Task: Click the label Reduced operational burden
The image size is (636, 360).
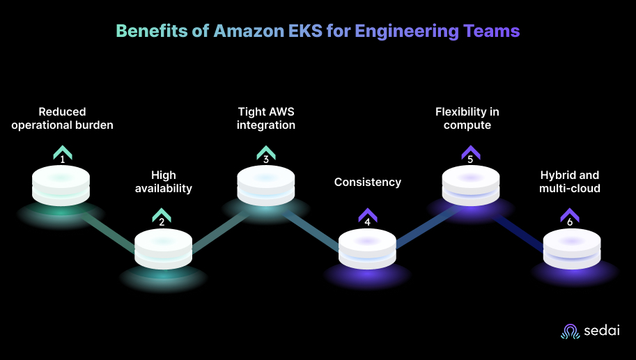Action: point(62,118)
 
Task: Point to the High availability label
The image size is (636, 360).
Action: point(163,182)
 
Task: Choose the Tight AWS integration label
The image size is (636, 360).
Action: point(265,118)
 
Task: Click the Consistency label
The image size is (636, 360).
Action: point(368,182)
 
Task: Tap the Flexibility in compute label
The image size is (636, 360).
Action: point(467,118)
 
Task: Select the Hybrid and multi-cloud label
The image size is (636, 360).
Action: point(570,182)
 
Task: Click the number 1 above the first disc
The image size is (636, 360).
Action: point(62,159)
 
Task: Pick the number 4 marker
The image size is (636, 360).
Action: point(368,223)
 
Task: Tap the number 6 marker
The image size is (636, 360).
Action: point(570,223)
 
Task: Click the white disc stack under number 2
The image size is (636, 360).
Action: point(163,248)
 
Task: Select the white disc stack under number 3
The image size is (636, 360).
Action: point(265,185)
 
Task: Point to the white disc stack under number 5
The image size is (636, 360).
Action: point(470,185)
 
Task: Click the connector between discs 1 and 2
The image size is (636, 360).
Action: point(111,230)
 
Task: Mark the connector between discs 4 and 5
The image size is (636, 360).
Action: point(418,226)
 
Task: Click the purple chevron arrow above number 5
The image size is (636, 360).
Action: point(470,150)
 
